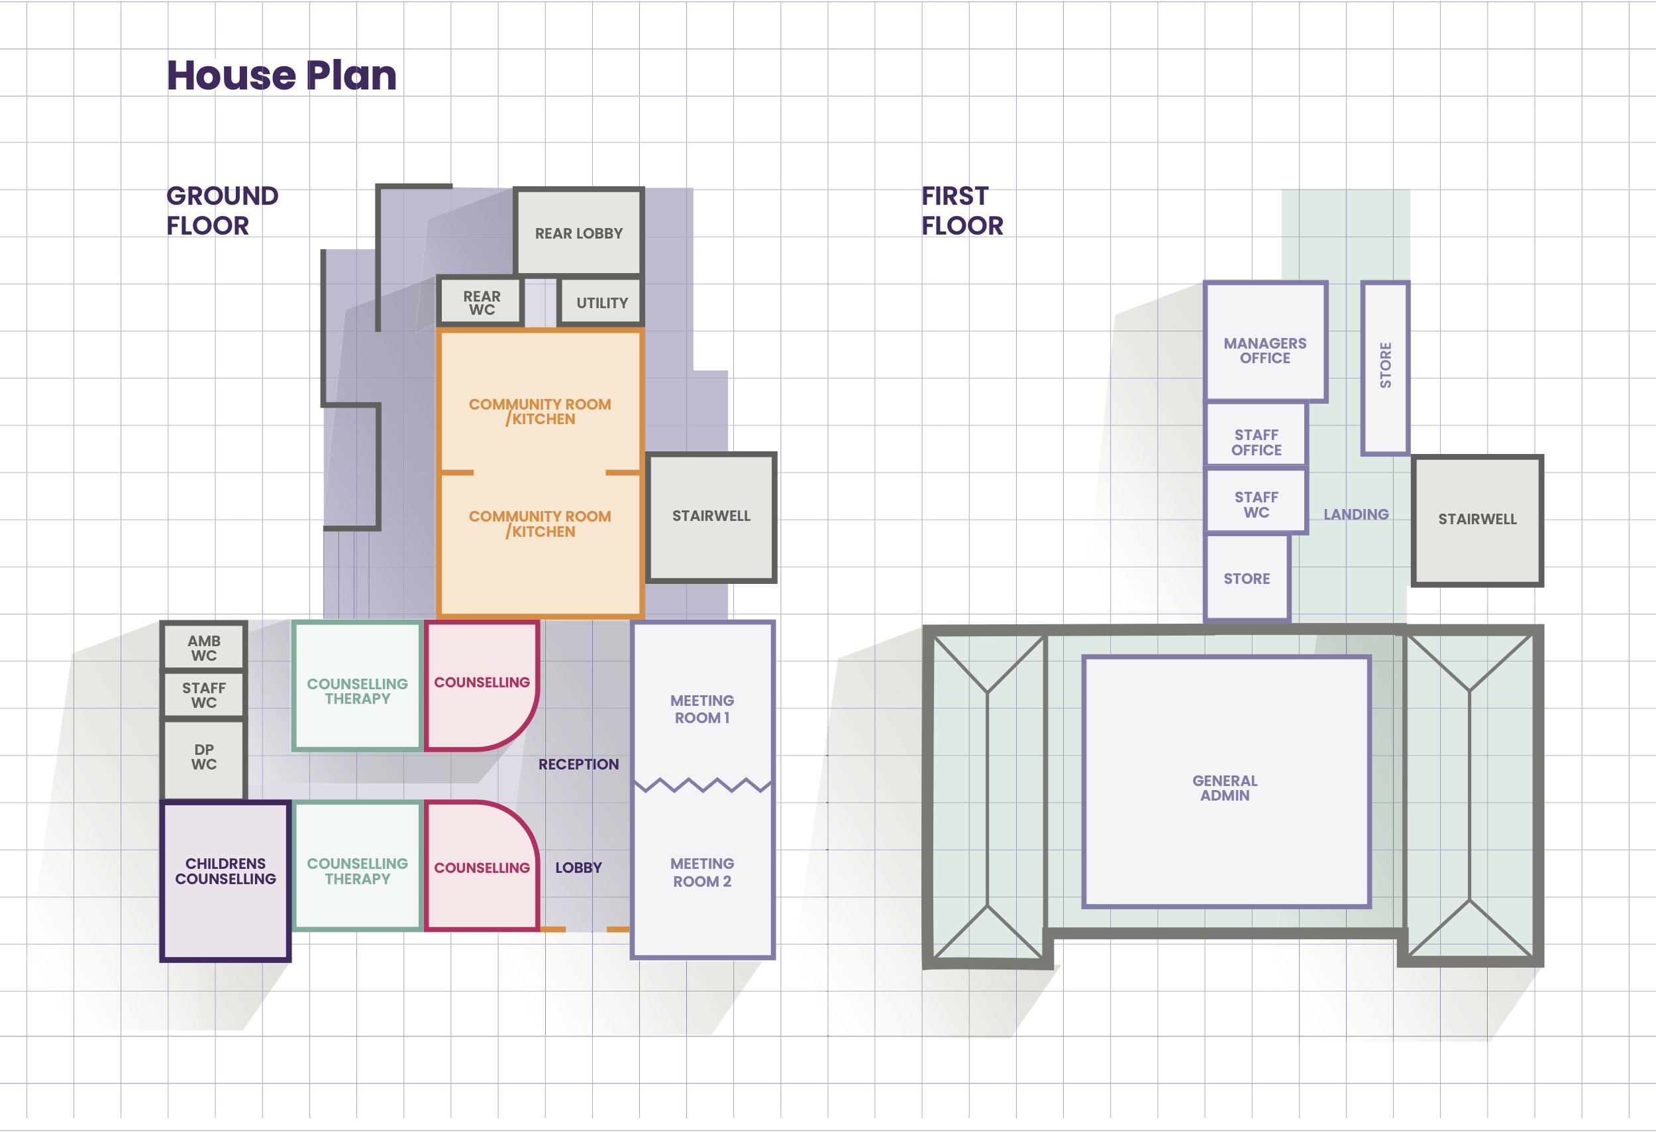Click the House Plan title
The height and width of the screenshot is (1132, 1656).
click(282, 76)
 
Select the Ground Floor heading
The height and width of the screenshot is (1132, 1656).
click(223, 210)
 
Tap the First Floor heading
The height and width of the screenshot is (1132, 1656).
click(962, 210)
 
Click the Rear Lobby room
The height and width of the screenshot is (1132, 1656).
click(578, 233)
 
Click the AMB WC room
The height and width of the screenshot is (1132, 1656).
click(204, 648)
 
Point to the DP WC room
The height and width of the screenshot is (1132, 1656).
click(204, 758)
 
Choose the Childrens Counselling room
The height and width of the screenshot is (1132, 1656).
click(225, 881)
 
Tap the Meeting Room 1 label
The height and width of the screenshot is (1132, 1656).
click(702, 709)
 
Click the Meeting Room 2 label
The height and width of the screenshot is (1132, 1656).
click(702, 872)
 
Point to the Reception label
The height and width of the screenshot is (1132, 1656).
click(578, 764)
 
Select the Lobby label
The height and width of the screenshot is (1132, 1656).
click(578, 868)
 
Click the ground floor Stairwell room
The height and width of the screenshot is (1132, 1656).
click(711, 517)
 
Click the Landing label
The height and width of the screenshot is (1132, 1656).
click(1356, 514)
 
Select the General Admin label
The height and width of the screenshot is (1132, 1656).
click(1225, 788)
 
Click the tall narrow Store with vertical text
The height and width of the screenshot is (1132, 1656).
click(1385, 368)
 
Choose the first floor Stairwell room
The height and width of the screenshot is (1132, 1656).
click(1477, 520)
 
